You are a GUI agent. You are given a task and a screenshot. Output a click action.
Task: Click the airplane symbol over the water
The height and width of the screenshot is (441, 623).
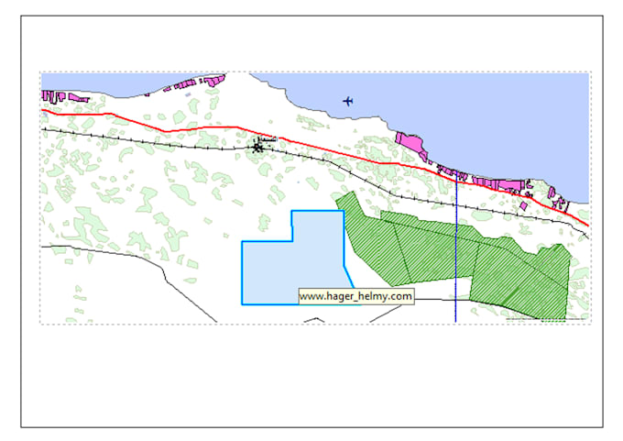click(x=347, y=100)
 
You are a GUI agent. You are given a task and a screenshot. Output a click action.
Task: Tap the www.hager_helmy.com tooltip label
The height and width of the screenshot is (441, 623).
click(x=356, y=296)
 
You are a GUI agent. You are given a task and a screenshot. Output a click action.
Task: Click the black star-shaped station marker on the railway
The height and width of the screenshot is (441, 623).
click(x=258, y=145)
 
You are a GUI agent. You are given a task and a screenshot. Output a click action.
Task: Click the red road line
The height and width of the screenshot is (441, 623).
click(x=183, y=125)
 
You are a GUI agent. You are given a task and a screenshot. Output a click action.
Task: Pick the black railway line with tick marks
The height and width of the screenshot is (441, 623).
click(x=137, y=138)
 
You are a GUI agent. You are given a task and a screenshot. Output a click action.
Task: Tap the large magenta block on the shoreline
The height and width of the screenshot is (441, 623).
click(x=410, y=143)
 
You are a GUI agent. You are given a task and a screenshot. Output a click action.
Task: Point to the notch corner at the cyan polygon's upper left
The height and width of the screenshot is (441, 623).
click(x=291, y=242)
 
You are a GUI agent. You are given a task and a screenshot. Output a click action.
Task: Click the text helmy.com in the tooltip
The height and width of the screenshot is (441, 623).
click(x=387, y=296)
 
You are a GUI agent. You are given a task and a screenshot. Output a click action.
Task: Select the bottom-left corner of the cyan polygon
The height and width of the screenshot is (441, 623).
click(x=242, y=303)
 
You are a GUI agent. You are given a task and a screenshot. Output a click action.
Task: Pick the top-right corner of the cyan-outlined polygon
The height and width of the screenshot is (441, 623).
click(x=344, y=212)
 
